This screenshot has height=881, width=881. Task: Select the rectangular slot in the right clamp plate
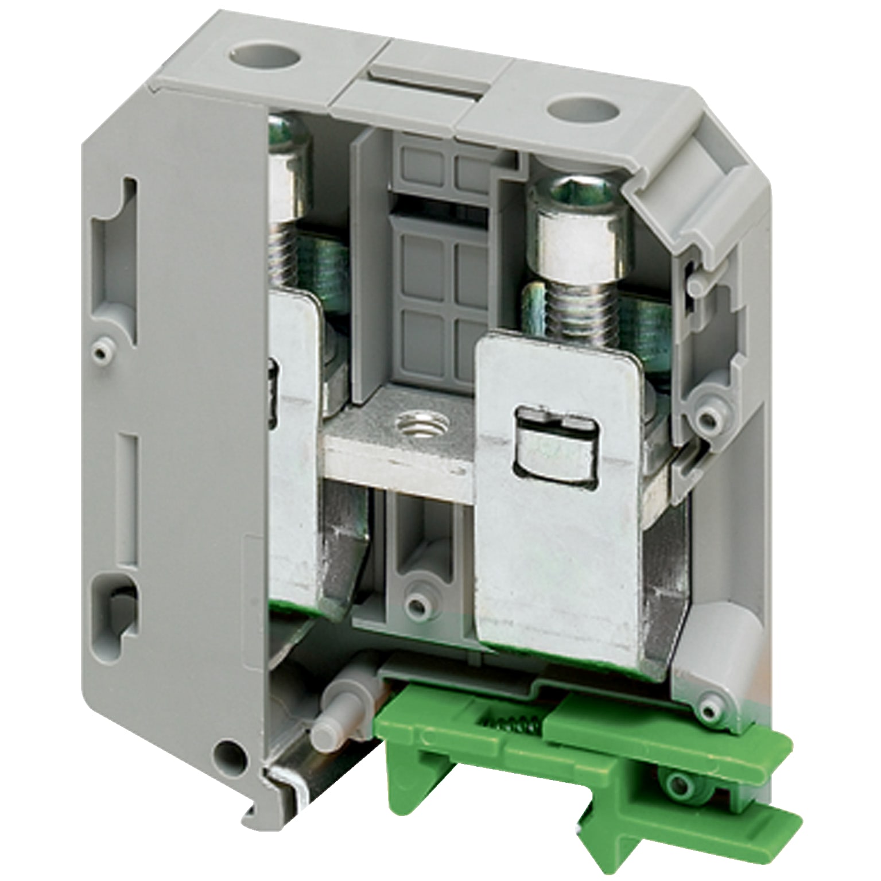[555, 443]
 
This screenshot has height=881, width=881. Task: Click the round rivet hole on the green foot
[679, 782]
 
